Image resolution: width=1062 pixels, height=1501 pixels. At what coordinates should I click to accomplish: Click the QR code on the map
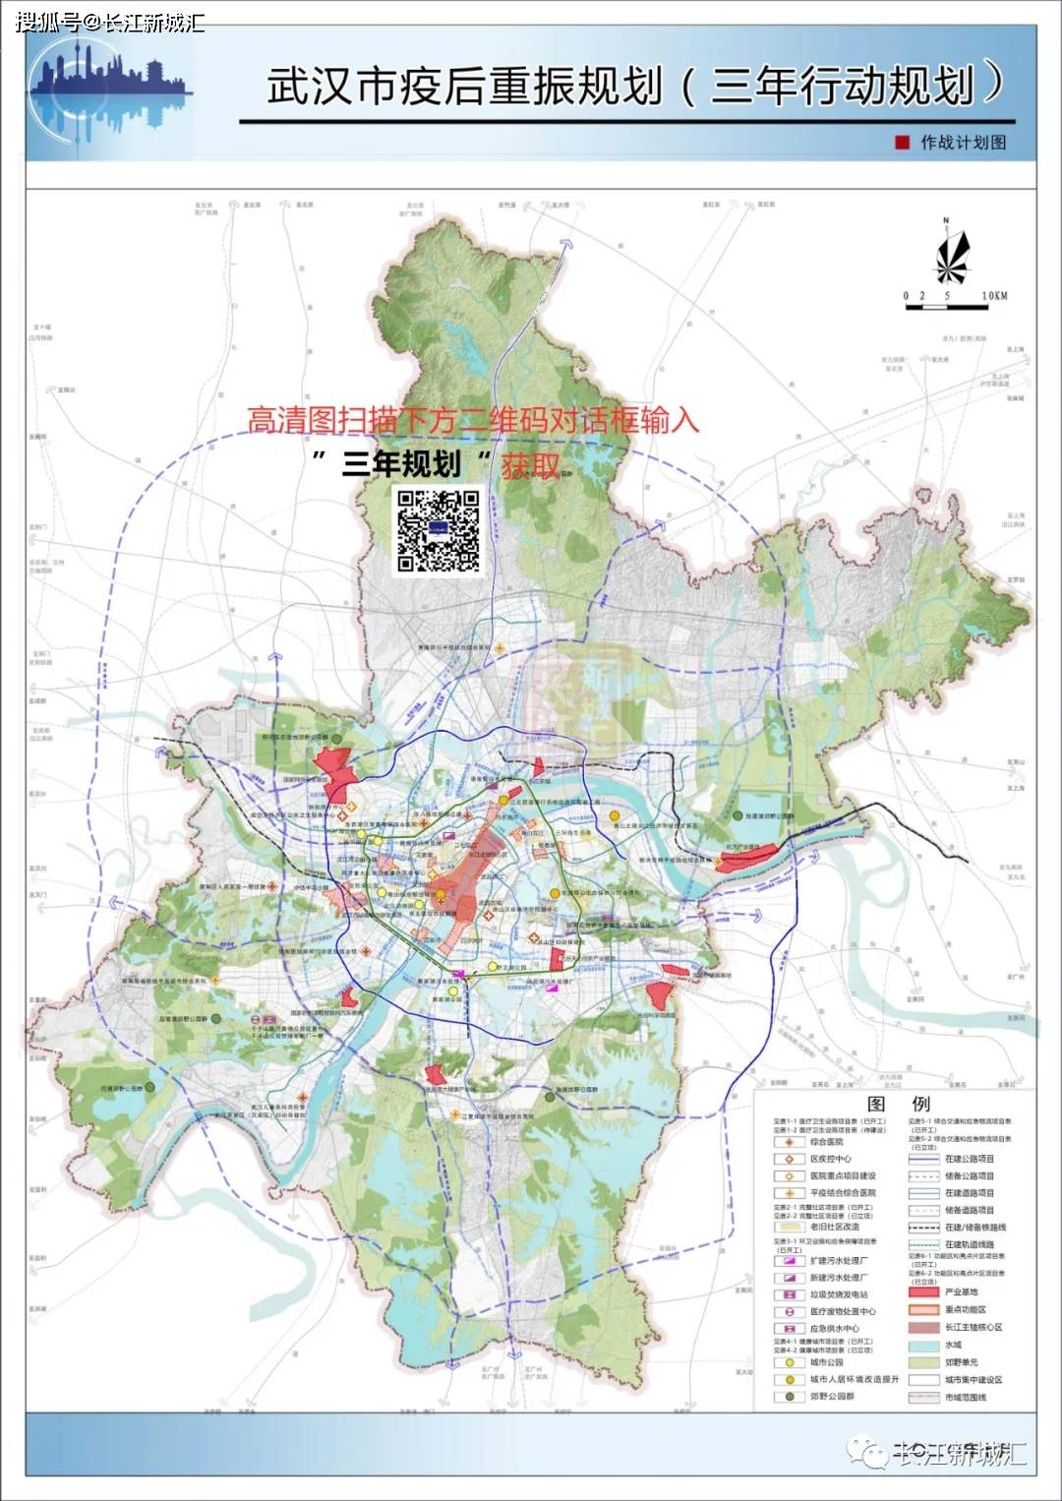tap(439, 531)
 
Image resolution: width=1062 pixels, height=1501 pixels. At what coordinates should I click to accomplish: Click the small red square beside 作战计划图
tap(902, 143)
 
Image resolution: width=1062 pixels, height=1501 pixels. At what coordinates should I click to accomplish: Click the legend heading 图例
tap(898, 1104)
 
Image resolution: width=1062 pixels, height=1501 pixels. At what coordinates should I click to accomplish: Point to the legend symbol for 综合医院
tap(789, 1142)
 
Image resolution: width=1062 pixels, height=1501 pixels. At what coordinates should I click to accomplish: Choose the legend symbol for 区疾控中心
tap(789, 1159)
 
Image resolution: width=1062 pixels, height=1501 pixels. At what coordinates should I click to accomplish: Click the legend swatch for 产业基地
tap(923, 1291)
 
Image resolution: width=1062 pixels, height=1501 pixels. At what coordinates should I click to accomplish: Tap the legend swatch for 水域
tap(923, 1345)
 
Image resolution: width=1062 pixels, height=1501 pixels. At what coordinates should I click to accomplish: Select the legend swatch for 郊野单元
tap(923, 1362)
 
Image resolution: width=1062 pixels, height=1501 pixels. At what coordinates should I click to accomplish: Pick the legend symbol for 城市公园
tap(789, 1362)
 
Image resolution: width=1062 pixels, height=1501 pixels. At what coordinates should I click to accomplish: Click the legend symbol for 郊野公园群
tap(789, 1396)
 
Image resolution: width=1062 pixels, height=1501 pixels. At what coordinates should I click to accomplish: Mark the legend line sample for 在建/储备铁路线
tap(923, 1228)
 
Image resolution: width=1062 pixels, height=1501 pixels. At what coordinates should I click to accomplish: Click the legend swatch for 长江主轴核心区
tap(923, 1327)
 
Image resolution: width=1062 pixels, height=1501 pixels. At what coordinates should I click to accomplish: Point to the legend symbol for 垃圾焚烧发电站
tap(789, 1294)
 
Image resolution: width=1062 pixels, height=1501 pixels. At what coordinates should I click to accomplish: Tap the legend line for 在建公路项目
tap(923, 1159)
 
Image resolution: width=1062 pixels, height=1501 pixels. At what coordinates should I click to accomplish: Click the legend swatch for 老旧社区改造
tap(789, 1227)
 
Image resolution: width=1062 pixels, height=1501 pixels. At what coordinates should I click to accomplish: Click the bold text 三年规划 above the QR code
tap(401, 463)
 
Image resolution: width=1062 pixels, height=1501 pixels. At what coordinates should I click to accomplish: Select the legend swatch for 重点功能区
tap(923, 1309)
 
